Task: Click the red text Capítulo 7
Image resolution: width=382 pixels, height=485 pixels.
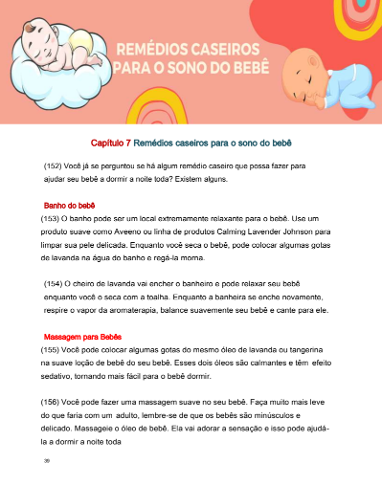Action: (111, 143)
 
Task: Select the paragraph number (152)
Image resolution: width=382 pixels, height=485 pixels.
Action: (54, 165)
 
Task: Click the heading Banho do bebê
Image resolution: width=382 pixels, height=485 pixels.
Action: (70, 206)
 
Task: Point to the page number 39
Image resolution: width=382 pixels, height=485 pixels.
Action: (47, 460)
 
